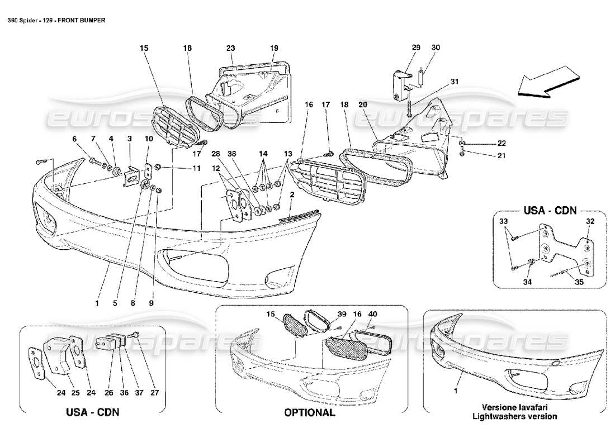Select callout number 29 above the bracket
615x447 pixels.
pyautogui.click(x=415, y=48)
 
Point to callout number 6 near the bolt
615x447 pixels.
pyautogui.click(x=73, y=139)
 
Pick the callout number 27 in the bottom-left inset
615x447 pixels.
pyautogui.click(x=155, y=393)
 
